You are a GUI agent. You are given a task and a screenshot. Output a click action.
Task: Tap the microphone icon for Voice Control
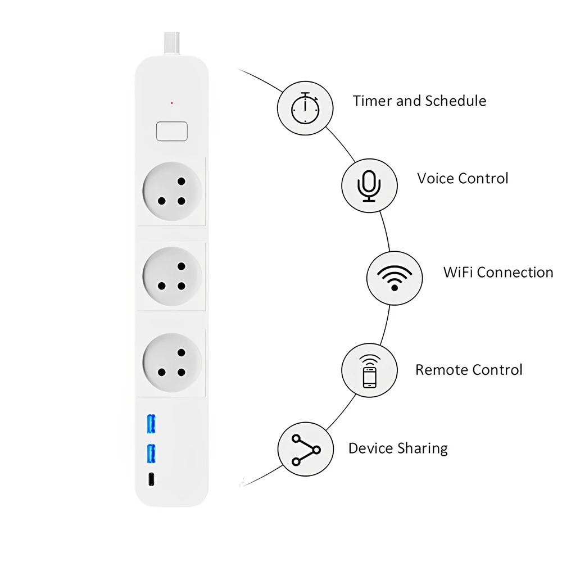369,185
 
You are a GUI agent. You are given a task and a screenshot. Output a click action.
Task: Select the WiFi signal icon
394,277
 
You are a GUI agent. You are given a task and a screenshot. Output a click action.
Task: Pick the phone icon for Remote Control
369,371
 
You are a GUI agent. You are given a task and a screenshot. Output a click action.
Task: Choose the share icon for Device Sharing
306,449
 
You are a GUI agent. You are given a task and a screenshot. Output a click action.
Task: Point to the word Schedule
455,101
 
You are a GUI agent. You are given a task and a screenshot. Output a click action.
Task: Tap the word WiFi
458,273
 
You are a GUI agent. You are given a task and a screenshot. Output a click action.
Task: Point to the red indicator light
171,103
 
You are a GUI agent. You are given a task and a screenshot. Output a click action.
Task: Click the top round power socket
171,192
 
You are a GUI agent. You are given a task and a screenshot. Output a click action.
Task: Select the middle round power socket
171,277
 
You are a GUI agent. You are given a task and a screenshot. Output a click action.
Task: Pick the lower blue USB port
151,454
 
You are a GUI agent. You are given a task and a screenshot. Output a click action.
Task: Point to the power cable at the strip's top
171,42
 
